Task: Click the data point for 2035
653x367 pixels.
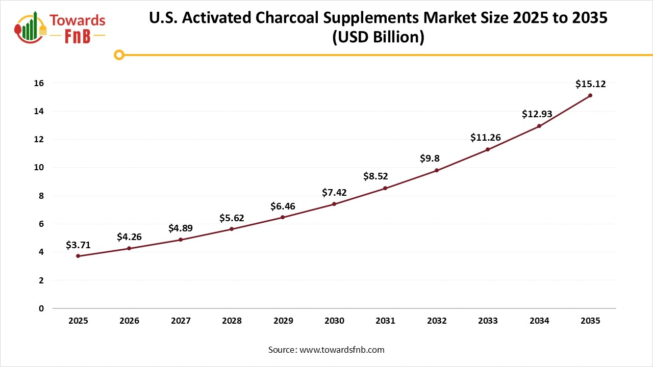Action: point(590,95)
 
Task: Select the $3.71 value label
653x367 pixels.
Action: point(78,245)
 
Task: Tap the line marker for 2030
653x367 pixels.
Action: point(334,204)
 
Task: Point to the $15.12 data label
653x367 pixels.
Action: point(590,84)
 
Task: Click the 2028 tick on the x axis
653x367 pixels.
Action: point(232,321)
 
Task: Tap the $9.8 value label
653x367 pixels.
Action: point(430,159)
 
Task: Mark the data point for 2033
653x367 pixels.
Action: point(488,149)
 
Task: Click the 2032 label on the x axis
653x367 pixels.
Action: point(437,321)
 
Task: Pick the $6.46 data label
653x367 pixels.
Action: point(283,206)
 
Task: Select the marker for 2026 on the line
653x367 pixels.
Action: point(129,248)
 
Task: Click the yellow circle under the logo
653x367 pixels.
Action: point(119,55)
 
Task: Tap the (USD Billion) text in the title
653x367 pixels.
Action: point(378,38)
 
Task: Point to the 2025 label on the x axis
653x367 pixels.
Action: point(78,321)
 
